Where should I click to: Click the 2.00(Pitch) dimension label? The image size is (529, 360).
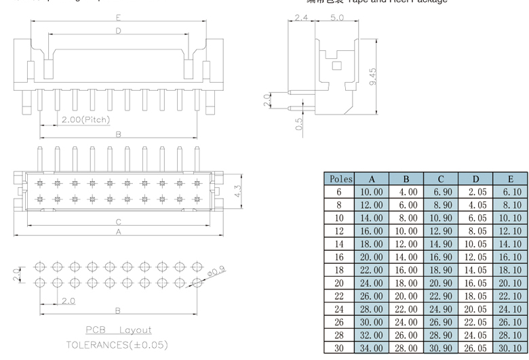[85, 120]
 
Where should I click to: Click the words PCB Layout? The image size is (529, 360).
[118, 329]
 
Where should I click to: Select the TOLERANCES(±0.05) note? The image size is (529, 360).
[117, 345]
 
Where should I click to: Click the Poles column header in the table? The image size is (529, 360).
[339, 180]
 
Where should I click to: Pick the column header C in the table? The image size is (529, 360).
[441, 180]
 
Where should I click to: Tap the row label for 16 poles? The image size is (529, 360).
[339, 258]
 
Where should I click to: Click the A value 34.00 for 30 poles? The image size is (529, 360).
[372, 348]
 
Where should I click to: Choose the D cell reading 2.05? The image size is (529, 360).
[475, 193]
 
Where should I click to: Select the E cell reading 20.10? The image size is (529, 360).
[510, 283]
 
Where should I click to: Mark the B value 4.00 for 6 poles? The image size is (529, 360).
[406, 193]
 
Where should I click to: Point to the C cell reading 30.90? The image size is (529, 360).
[441, 348]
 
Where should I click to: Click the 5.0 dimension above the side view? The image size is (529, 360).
[336, 18]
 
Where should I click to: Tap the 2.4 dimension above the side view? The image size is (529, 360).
[302, 18]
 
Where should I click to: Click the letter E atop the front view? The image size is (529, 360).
[119, 17]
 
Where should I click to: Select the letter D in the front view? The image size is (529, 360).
[118, 31]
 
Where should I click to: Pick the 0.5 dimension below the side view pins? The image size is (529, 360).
[299, 123]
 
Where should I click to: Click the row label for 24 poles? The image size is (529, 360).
[339, 310]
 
